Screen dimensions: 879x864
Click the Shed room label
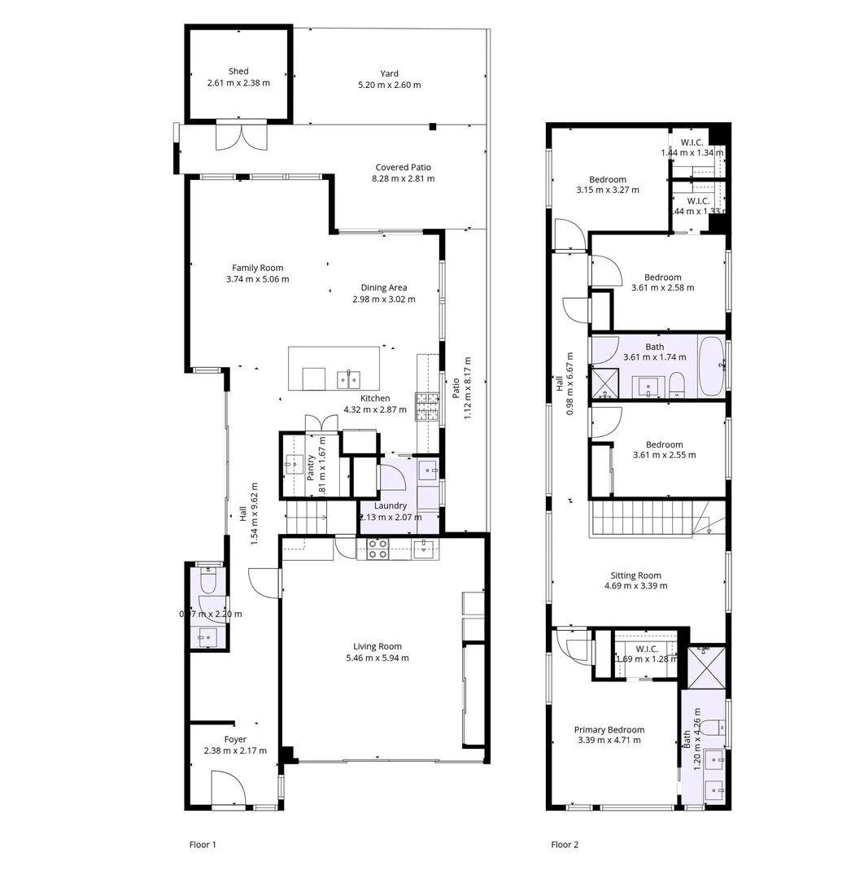238,72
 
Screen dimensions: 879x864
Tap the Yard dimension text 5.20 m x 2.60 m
389,85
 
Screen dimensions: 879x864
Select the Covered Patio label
403,168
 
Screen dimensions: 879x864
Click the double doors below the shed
241,136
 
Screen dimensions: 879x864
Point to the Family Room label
257,268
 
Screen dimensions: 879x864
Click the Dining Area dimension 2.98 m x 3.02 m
384,299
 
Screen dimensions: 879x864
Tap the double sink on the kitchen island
350,378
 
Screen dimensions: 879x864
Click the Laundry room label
390,505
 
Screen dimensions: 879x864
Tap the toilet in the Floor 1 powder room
207,581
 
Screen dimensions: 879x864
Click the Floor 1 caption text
202,845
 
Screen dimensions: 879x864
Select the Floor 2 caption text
565,845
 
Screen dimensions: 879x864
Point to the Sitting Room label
635,575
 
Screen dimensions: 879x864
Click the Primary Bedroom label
609,730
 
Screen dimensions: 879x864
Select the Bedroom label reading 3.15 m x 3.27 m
607,180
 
